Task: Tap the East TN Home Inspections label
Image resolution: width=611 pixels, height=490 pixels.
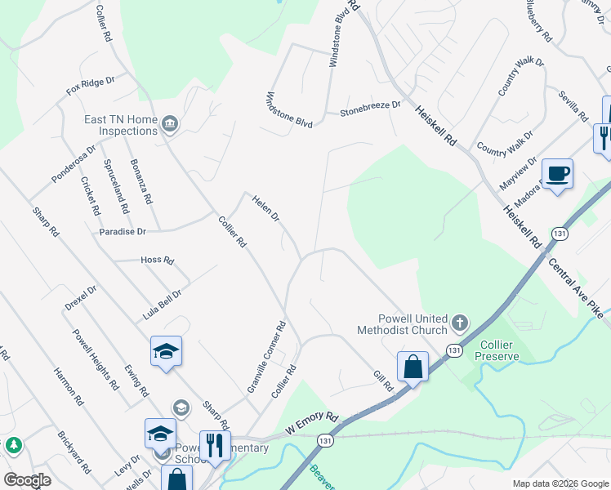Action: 121,125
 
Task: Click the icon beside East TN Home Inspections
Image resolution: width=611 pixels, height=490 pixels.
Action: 171,124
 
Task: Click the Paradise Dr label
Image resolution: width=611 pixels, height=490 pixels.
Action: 123,232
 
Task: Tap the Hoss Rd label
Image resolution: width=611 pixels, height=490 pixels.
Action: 158,261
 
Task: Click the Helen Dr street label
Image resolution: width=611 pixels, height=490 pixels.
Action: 265,208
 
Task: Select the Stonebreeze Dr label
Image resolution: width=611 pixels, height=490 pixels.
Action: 371,105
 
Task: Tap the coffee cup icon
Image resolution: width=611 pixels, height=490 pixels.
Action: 557,174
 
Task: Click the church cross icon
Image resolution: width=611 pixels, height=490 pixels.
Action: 459,324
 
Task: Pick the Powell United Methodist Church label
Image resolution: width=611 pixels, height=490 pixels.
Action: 402,324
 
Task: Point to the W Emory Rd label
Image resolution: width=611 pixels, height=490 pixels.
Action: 311,423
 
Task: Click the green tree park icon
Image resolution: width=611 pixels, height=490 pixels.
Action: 13,445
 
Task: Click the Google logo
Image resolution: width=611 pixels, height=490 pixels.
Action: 28,479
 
